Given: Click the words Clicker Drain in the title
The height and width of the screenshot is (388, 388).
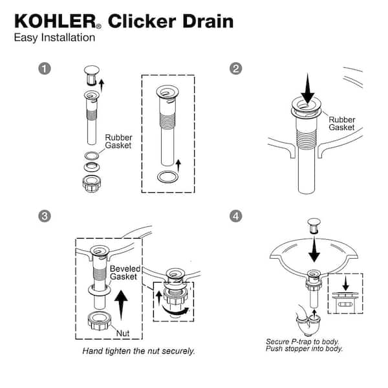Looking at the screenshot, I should [171, 21].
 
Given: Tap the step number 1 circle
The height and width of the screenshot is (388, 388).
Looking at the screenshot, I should [45, 69].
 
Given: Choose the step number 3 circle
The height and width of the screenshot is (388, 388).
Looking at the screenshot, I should [45, 217].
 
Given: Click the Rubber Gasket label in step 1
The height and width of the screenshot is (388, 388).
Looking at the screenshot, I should [118, 142].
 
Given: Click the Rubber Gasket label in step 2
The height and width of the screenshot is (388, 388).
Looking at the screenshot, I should [342, 124].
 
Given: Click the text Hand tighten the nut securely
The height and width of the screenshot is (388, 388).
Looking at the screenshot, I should [138, 352].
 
